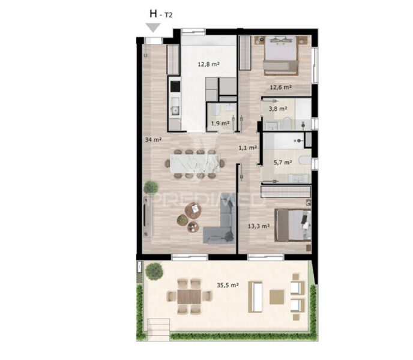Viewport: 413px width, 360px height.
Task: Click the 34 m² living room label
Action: coord(153,140)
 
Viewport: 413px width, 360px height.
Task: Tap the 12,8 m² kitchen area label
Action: coord(209,64)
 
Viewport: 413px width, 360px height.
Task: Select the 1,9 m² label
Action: coord(220,123)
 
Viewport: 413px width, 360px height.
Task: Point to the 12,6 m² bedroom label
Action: coord(280,87)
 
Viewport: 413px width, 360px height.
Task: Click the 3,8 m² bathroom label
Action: coord(278,108)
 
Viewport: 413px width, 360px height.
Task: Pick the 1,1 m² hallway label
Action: coord(247,148)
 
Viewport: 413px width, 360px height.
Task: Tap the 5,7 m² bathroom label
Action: coord(283,162)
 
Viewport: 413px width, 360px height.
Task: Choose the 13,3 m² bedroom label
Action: coord(259,226)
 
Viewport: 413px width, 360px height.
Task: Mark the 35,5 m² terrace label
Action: coord(228,285)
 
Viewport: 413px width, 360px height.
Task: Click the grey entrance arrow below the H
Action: coord(153,28)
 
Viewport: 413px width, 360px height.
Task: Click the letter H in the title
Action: coord(153,13)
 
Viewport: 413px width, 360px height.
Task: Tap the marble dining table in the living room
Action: coord(195,164)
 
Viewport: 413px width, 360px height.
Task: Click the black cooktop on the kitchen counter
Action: coord(175,86)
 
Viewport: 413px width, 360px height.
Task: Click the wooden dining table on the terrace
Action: coord(189,296)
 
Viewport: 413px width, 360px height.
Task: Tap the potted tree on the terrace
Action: coord(154,271)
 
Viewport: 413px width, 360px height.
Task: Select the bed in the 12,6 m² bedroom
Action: coord(281,55)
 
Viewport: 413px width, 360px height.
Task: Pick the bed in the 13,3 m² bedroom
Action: coord(292,225)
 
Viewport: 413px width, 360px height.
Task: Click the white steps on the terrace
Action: coord(158,330)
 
